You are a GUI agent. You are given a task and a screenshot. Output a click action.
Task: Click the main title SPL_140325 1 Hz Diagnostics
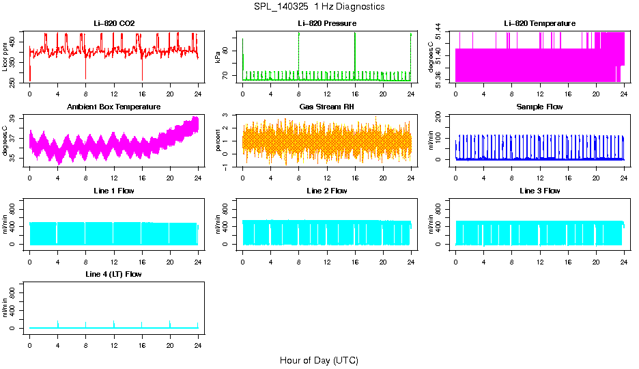coord(319,7)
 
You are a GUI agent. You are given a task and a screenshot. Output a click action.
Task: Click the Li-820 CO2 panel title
coord(114,24)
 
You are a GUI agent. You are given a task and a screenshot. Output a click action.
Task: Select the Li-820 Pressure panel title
coord(327,24)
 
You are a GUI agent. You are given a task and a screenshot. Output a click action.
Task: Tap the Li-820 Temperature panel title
coord(539,24)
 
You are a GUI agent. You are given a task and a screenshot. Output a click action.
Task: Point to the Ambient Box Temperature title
coord(114,107)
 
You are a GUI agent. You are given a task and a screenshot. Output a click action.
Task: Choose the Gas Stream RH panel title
coord(327,107)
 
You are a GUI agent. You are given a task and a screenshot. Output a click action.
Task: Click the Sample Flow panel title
coord(539,107)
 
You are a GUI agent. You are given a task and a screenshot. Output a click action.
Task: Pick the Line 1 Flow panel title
coord(114,191)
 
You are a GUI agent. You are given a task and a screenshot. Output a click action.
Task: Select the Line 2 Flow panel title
coord(327,191)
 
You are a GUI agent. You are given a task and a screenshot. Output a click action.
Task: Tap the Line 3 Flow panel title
coord(539,191)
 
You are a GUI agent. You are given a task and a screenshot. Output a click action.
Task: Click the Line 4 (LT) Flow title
coord(114,274)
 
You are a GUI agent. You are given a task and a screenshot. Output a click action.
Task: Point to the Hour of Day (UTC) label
coord(319,360)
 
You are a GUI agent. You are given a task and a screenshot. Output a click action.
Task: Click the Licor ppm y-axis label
coord(5,58)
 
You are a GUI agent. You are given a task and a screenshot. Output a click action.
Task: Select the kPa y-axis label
coord(218,58)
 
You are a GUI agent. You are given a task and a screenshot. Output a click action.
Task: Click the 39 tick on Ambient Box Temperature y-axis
coord(14,118)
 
